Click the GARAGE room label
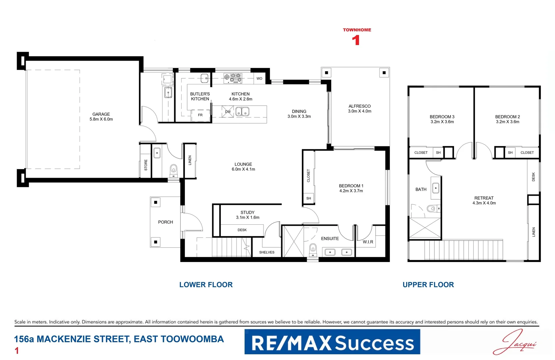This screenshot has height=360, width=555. click(x=101, y=114)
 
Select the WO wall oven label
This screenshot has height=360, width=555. click(x=259, y=79)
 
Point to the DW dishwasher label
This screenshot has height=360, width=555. click(x=228, y=112)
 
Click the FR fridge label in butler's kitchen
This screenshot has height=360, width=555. click(x=200, y=115)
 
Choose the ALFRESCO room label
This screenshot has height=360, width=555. click(x=359, y=106)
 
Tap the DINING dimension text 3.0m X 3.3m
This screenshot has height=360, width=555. click(x=299, y=116)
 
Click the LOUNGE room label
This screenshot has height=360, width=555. click(x=243, y=164)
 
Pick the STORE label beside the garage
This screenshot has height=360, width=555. click(x=146, y=165)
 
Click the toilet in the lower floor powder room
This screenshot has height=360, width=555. click(x=174, y=169)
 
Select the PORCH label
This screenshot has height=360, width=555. click(x=166, y=222)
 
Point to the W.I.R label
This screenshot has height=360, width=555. click(x=368, y=242)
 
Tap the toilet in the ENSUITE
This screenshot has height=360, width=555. click(x=313, y=248)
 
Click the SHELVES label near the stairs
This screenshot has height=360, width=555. click(x=267, y=252)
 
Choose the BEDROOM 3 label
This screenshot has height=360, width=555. click(x=442, y=117)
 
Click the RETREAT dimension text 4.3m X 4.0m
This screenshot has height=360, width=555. click(x=484, y=203)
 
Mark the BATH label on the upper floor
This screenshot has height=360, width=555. click(x=421, y=189)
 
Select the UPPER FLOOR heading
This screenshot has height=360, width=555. click(x=428, y=285)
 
